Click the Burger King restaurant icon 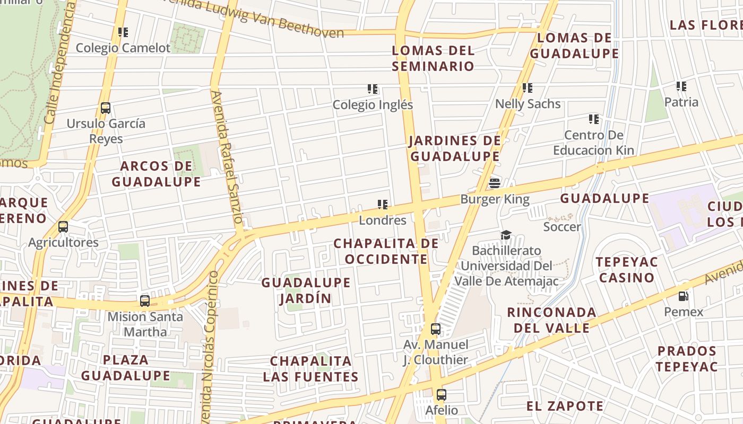coord(495,183)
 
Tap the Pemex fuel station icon coord(684,296)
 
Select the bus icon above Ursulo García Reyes coord(106,108)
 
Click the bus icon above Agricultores coord(63,227)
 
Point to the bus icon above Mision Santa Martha coord(144,301)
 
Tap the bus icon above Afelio coord(441,395)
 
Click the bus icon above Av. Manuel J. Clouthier coord(435,329)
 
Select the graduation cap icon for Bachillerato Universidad coord(506,235)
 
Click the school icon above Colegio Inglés coord(373,89)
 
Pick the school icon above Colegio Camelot coord(123,32)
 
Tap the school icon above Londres coord(382,205)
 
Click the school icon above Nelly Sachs coord(527,88)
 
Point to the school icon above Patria coord(681,86)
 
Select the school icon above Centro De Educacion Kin coord(593,119)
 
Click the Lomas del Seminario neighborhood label coord(433,58)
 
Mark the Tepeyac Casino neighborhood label coord(626,270)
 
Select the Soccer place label coord(562,227)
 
